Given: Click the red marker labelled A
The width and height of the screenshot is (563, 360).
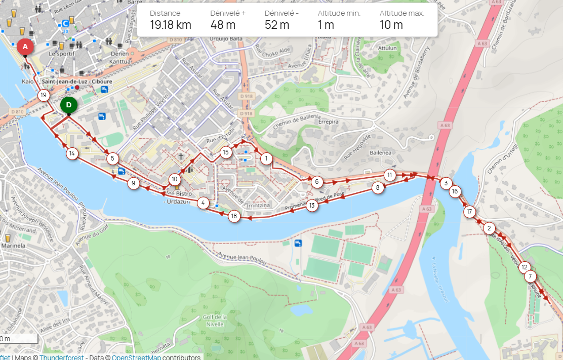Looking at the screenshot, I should pyautogui.click(x=25, y=47).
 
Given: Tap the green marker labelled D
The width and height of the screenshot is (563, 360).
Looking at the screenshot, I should pyautogui.click(x=68, y=105).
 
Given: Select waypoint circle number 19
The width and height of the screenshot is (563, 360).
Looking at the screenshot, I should pyautogui.click(x=44, y=95).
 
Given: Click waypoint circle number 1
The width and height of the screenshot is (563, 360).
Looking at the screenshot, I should pyautogui.click(x=266, y=158).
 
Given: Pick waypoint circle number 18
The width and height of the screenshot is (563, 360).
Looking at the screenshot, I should pyautogui.click(x=234, y=216).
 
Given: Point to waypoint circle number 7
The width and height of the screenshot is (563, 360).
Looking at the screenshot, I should pyautogui.click(x=530, y=276).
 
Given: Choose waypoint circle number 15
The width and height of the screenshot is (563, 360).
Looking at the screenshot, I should pyautogui.click(x=226, y=152).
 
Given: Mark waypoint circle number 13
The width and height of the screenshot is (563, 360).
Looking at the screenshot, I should pyautogui.click(x=312, y=206).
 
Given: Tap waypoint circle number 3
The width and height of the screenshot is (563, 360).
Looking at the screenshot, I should pyautogui.click(x=446, y=183).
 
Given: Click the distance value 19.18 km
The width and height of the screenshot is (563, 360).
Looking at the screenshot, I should pyautogui.click(x=170, y=25).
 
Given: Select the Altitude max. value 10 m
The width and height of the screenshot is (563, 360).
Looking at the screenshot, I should pyautogui.click(x=391, y=25).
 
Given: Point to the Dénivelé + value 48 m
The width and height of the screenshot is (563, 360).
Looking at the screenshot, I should pyautogui.click(x=223, y=25).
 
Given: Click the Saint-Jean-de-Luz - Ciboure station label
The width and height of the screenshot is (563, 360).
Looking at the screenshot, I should pyautogui.click(x=77, y=81).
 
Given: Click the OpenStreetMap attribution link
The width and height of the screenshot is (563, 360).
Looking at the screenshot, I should pyautogui.click(x=136, y=357).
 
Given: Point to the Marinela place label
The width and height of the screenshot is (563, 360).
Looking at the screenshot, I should pyautogui.click(x=13, y=246).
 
